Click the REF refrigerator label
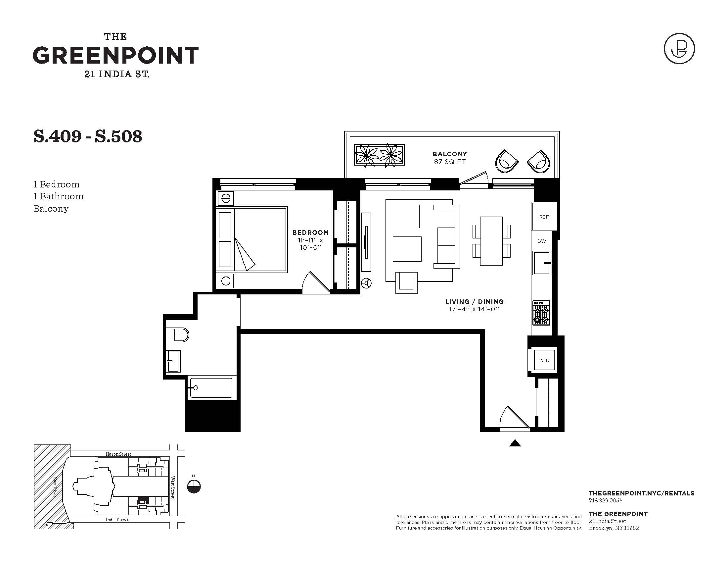pos(544,217)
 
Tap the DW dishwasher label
pos(542,241)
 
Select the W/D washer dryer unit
pos(544,360)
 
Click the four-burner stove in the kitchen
pos(541,313)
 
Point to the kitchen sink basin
pos(542,263)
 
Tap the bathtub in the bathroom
pos(211,387)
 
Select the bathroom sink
pos(173,361)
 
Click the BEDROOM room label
pos(310,232)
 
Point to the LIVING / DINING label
pos(474,301)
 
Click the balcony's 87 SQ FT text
pos(450,162)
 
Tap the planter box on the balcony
pos(379,155)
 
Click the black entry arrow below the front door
pos(515,443)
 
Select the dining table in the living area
pos(491,241)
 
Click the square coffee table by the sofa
pos(407,249)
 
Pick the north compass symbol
pos(194,486)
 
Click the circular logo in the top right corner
pos(679,49)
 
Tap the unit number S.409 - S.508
pos(88,136)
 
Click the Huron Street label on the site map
pos(118,454)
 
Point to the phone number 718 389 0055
pos(606,500)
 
